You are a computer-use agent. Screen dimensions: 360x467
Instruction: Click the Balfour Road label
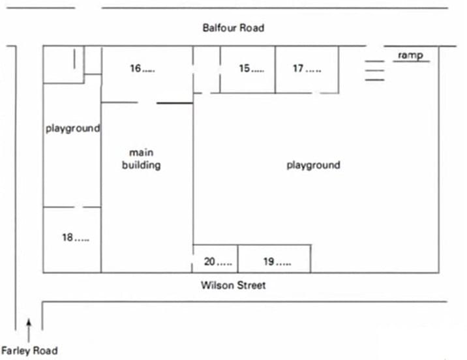[233, 28]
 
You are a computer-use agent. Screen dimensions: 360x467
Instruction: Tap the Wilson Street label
[233, 285]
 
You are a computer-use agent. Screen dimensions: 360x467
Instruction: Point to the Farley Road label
[29, 350]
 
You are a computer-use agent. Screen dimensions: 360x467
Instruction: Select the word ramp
[410, 55]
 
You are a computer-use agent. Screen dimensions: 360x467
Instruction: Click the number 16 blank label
[142, 68]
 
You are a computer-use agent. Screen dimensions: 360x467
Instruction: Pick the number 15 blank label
[251, 68]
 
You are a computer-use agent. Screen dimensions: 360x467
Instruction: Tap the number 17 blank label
[307, 68]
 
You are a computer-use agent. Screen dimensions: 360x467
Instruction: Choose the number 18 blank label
[76, 238]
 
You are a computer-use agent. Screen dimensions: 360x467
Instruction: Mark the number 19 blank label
[277, 262]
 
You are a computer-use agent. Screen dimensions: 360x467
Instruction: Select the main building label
[142, 158]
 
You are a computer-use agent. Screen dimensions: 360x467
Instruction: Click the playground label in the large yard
[313, 165]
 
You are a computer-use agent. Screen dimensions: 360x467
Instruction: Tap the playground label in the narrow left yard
[72, 128]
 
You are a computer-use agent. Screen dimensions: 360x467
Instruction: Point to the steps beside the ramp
[374, 70]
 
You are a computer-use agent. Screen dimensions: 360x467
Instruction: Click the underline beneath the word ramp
[411, 62]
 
